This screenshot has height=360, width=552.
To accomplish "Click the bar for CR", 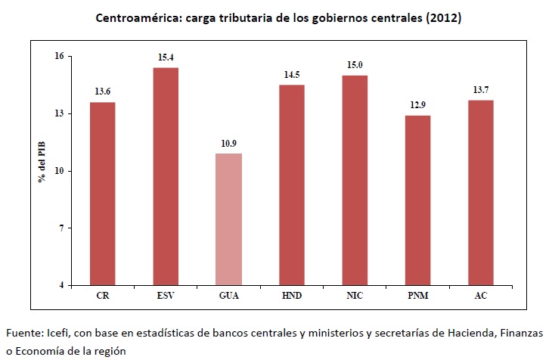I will (103, 194).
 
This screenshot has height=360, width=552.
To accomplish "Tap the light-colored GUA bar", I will (228, 219).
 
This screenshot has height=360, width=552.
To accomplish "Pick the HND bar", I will (292, 185).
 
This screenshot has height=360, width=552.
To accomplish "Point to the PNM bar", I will (417, 200).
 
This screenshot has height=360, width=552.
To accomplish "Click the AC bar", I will (481, 192).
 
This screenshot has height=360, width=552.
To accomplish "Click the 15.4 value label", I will (166, 57).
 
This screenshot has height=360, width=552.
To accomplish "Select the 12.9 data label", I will (417, 105).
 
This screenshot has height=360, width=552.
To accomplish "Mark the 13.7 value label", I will (481, 90).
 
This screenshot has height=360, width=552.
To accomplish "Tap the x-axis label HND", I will (292, 296).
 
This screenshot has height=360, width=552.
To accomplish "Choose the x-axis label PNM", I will (417, 296).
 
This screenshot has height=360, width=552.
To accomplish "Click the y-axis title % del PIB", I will (43, 169).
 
